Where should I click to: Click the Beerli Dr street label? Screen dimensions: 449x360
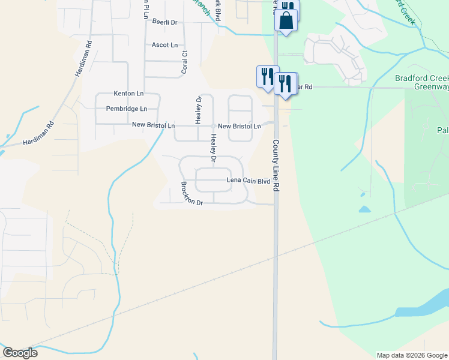pos(165,22)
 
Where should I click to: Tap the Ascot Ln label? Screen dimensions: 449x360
pos(164,45)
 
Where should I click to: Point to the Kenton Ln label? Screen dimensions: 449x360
pos(128,94)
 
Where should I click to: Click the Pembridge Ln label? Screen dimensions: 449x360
pos(126,109)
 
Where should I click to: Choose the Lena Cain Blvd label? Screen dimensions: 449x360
pos(248,180)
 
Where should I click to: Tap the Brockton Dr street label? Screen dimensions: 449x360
pos(193,194)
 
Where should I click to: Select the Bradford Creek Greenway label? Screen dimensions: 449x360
pos(422,82)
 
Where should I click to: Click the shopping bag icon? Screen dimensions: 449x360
pos(287,20)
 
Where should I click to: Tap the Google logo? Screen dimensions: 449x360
pos(20,352)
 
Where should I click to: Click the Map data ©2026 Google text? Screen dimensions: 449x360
pos(411,355)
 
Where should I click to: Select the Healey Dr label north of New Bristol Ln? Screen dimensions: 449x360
pos(198,106)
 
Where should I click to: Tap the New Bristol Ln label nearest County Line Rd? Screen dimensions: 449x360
pos(239,127)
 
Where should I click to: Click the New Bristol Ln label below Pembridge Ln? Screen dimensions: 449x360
pos(153,126)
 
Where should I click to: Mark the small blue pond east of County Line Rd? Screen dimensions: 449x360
pos(364,209)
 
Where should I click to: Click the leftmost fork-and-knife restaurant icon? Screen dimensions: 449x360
pos(267,76)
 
